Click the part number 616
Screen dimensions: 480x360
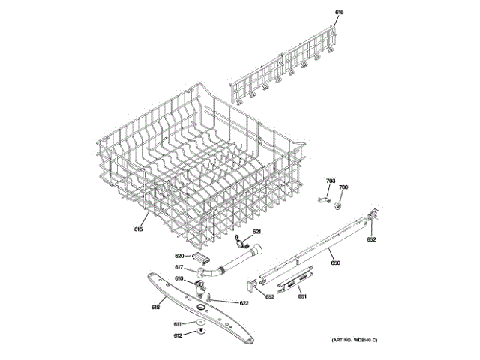[339, 13]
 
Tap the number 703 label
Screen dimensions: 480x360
[330, 181]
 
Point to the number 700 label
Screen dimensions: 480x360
[343, 187]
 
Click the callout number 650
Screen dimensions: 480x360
[335, 262]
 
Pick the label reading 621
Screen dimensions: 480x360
[256, 232]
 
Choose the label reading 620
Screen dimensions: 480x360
[179, 256]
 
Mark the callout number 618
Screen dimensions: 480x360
[156, 306]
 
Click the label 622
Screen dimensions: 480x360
[244, 303]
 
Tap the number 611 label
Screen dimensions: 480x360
[178, 323]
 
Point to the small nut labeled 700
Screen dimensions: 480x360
[339, 202]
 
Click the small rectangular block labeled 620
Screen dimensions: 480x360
[201, 257]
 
